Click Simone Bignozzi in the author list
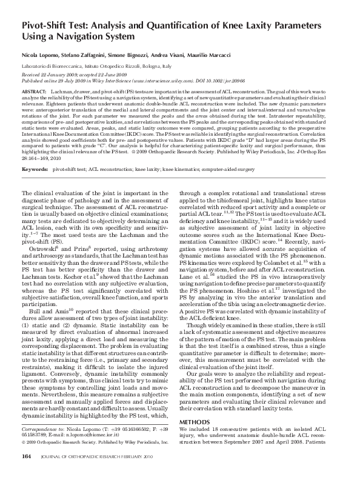tap(134, 54)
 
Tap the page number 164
tap(27, 455)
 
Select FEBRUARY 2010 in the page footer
tap(136, 455)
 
